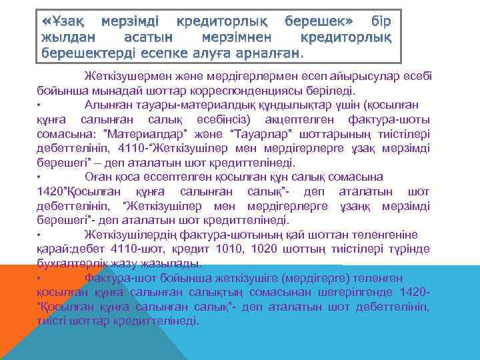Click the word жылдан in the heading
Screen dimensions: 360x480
tap(67, 38)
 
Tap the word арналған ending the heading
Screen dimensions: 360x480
tap(265, 53)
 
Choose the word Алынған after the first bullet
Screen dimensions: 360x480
tap(110, 103)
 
